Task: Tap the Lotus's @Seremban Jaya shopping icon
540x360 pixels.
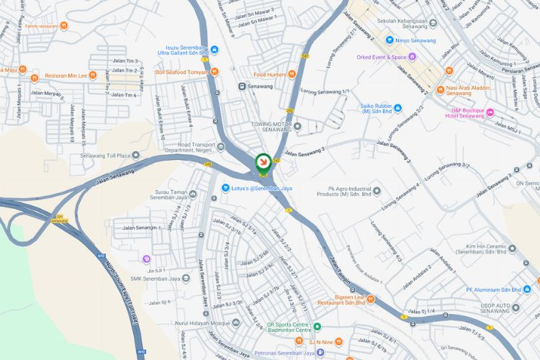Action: (x=225, y=189)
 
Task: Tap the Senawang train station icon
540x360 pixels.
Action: (x=243, y=86)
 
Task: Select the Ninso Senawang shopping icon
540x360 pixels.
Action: (x=390, y=40)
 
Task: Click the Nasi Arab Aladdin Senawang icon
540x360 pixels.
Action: (x=449, y=71)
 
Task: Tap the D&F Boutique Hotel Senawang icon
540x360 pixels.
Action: (x=490, y=112)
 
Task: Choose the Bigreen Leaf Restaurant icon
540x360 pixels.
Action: (x=371, y=299)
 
